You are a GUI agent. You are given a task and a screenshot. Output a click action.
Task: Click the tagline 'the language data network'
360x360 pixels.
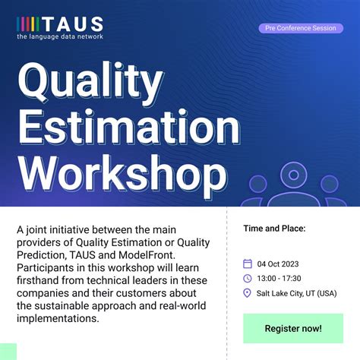tap(60, 36)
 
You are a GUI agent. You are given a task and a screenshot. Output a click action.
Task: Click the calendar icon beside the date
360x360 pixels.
tap(248, 264)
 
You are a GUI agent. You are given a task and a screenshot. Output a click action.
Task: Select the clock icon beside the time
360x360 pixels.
tap(248, 279)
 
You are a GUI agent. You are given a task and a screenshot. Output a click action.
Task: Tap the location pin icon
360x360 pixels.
tap(248, 294)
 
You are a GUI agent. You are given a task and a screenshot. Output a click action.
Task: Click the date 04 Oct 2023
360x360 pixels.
tap(278, 264)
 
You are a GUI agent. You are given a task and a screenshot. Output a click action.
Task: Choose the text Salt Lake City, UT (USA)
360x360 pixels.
tap(295, 294)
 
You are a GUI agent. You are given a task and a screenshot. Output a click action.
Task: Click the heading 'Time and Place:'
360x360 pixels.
tap(273, 228)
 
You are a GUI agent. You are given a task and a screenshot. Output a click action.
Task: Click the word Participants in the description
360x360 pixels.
tap(48, 268)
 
